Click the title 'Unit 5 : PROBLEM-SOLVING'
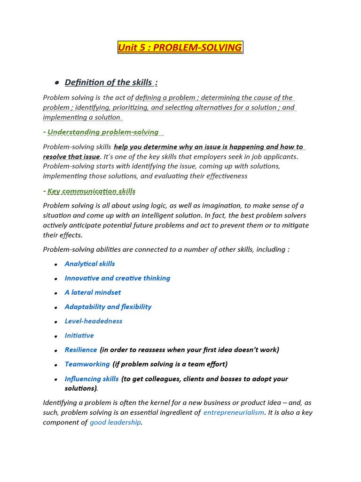pyautogui.click(x=180, y=48)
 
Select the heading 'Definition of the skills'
pyautogui.click(x=110, y=82)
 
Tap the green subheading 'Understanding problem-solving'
pyautogui.click(x=103, y=132)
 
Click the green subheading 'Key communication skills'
pyautogui.click(x=91, y=191)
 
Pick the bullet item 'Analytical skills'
pyautogui.click(x=90, y=264)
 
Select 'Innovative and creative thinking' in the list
pyautogui.click(x=118, y=278)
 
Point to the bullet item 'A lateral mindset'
pyautogui.click(x=93, y=292)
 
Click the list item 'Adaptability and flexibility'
pyautogui.click(x=108, y=307)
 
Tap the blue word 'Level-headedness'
pyautogui.click(x=94, y=321)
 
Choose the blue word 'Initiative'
pyautogui.click(x=79, y=336)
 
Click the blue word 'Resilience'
pyautogui.click(x=81, y=350)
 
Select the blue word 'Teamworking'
pyautogui.click(x=87, y=364)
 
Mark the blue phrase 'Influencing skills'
pyautogui.click(x=92, y=379)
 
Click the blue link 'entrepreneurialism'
pyautogui.click(x=234, y=413)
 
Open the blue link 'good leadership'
pyautogui.click(x=115, y=423)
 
